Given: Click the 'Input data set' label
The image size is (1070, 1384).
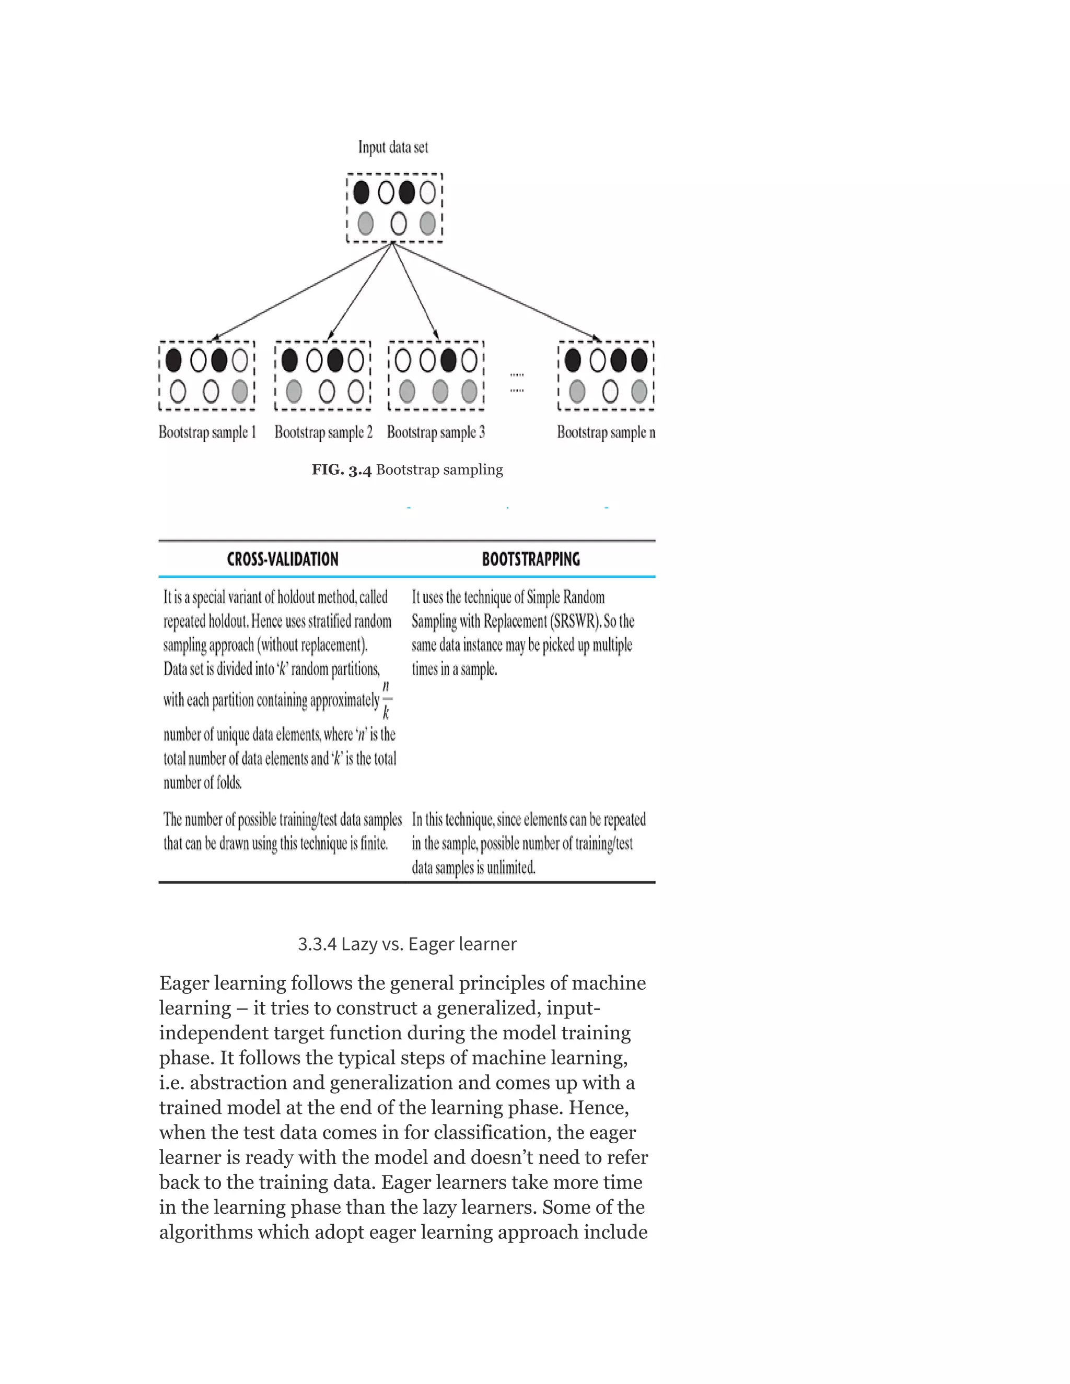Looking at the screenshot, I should [x=393, y=147].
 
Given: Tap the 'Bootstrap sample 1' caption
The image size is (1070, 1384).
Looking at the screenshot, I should [x=207, y=432].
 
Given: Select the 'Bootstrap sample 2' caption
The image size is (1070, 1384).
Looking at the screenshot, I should [x=323, y=432].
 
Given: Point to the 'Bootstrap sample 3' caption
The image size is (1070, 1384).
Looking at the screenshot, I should [x=436, y=432].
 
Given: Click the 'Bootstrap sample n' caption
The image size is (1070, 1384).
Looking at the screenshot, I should [x=606, y=432].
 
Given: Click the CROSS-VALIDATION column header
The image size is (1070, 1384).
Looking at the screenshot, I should [x=283, y=559].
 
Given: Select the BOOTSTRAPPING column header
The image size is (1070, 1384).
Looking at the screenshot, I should [x=531, y=559].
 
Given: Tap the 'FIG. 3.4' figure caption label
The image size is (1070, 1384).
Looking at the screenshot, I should [x=341, y=470].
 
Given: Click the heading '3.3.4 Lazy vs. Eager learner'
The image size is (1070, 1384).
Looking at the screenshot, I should [x=407, y=944].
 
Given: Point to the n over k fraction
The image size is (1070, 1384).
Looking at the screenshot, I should [x=386, y=700].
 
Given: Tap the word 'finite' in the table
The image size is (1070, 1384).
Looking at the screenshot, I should [x=374, y=843].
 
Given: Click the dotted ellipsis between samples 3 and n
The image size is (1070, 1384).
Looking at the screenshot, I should [x=517, y=383].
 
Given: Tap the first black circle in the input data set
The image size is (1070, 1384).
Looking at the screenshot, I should [x=362, y=192].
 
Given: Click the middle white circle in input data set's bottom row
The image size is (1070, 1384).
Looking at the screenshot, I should [x=398, y=223].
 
